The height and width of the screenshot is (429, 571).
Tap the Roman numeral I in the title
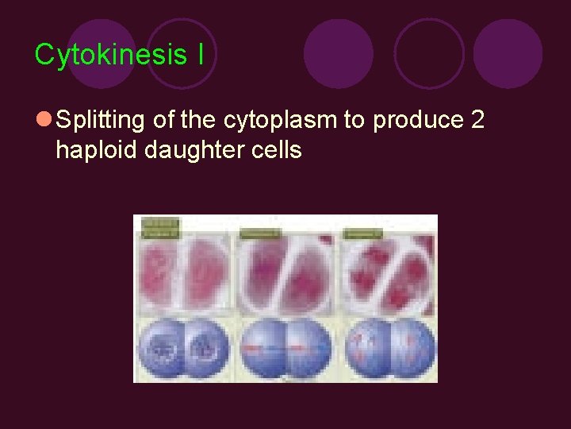tap(201, 55)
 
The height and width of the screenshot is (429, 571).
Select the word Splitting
tap(101, 121)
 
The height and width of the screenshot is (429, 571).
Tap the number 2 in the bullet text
tap(477, 121)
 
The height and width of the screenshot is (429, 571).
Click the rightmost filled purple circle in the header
tap(508, 53)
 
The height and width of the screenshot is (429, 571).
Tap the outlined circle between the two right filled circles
tap(428, 53)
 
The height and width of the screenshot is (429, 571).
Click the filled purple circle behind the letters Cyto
tap(102, 53)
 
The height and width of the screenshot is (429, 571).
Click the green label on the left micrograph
tap(162, 228)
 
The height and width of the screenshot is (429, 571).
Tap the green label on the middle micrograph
tap(259, 233)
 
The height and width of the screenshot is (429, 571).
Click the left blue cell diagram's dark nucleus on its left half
tap(164, 350)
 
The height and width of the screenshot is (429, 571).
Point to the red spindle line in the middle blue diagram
tap(286, 350)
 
